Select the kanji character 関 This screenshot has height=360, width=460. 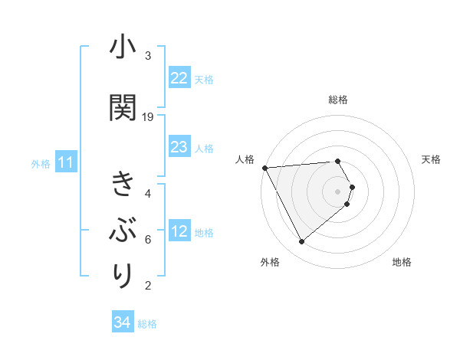pos(122,108)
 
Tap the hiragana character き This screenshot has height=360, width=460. pos(122,185)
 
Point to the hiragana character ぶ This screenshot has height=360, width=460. pos(122,229)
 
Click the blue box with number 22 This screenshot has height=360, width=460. pos(179,78)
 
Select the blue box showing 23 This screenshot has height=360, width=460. pos(179,147)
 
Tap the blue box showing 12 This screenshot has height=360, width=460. pos(179,232)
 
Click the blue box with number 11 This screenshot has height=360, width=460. pos(65,162)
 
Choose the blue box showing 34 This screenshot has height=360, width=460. pos(123,322)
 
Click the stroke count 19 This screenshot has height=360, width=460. pos(148,116)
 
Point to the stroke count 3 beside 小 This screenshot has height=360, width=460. pos(148,55)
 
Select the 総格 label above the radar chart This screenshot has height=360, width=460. pos(338,100)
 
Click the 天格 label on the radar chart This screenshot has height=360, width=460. pos(432,160)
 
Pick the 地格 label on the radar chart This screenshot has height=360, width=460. pos(402,263)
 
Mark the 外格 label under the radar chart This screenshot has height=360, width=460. pos(270,263)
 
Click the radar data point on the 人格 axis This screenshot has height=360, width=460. pos(264,168)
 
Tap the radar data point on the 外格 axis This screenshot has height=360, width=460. pos(301,242)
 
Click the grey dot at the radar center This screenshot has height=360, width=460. pos(338,191)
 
